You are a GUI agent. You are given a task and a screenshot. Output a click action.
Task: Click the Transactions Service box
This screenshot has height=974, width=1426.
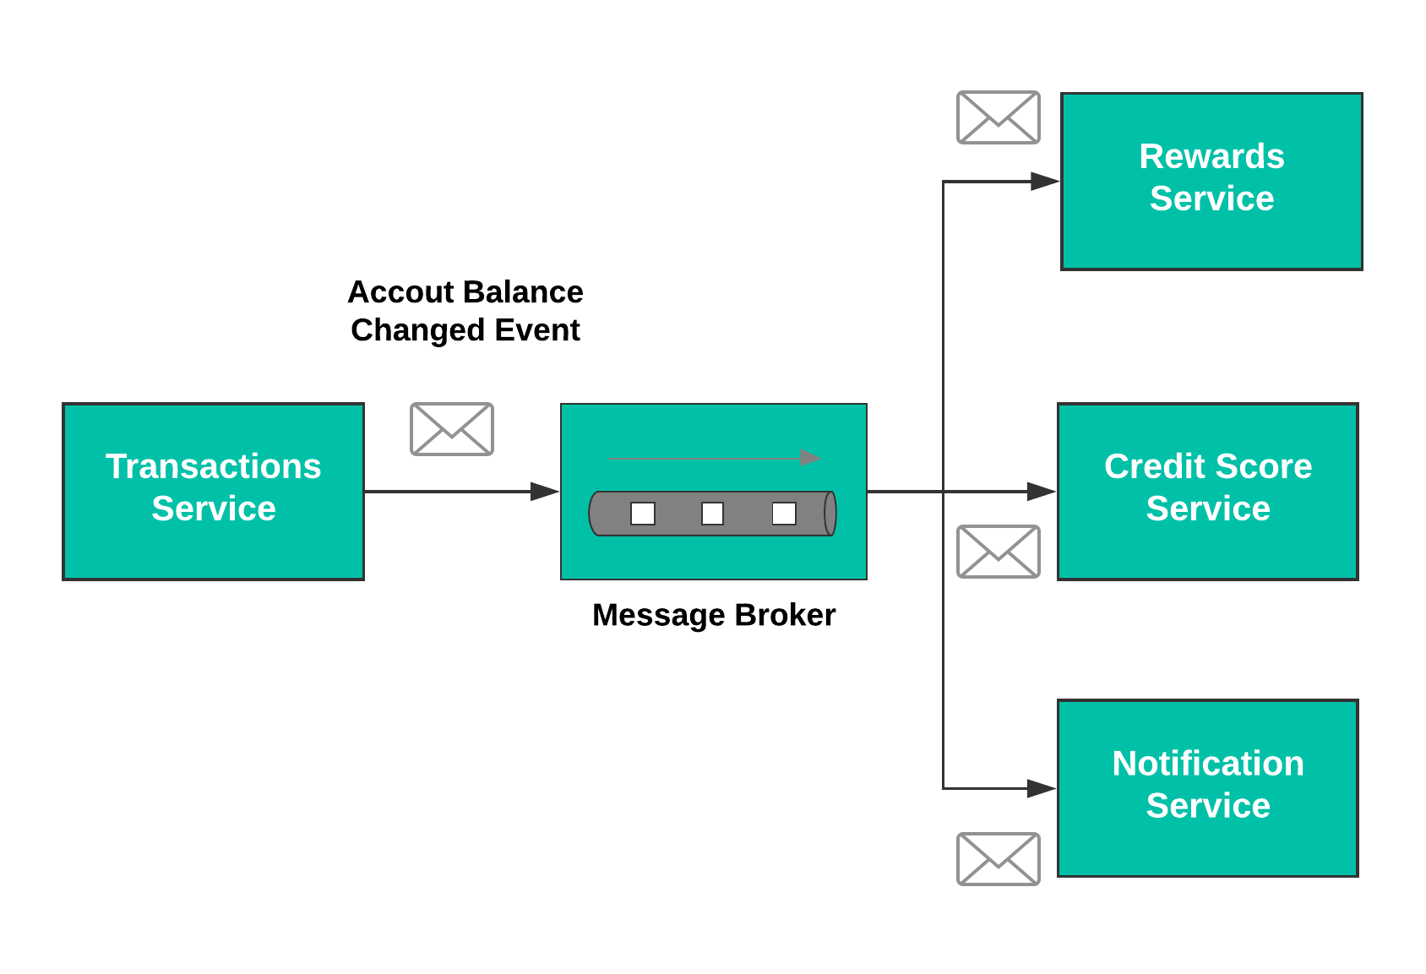click(213, 491)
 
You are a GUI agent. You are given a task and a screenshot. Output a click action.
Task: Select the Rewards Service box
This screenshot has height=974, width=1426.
click(1211, 181)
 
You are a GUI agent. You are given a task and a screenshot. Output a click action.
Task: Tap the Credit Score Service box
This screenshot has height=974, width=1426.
click(1207, 491)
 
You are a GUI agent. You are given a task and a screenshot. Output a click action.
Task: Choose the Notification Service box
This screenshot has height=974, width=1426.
click(1207, 787)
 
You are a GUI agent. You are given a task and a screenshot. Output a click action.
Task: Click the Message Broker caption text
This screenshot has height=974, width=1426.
click(713, 615)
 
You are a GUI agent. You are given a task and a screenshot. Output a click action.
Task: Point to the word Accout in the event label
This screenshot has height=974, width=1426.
click(401, 292)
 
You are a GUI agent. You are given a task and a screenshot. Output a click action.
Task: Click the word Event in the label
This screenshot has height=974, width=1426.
click(537, 330)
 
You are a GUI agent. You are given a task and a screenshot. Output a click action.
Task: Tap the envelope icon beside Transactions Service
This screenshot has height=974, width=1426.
click(451, 429)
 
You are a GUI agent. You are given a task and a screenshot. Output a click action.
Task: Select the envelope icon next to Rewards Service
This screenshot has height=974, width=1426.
click(998, 117)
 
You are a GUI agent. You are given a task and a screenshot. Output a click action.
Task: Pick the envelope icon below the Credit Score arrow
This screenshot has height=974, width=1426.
click(998, 552)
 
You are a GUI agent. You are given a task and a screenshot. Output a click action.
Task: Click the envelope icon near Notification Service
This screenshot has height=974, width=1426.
click(998, 858)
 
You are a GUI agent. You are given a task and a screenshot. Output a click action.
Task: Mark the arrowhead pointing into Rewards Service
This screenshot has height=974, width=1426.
click(1044, 181)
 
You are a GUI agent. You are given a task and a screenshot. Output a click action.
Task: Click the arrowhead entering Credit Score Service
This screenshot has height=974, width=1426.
click(1041, 491)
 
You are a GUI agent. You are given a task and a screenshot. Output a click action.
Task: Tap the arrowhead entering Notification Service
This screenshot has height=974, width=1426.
click(1041, 788)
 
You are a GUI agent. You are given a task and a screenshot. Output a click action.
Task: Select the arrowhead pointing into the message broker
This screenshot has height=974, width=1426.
click(544, 491)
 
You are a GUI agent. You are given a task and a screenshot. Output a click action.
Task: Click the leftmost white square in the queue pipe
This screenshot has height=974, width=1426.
click(643, 514)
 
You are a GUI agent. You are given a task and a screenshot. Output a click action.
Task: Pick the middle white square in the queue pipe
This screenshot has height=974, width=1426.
click(712, 514)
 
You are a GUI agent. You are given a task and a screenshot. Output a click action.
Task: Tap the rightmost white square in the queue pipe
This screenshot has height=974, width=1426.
click(784, 514)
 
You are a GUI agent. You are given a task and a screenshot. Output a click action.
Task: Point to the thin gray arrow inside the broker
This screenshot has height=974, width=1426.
click(714, 458)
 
